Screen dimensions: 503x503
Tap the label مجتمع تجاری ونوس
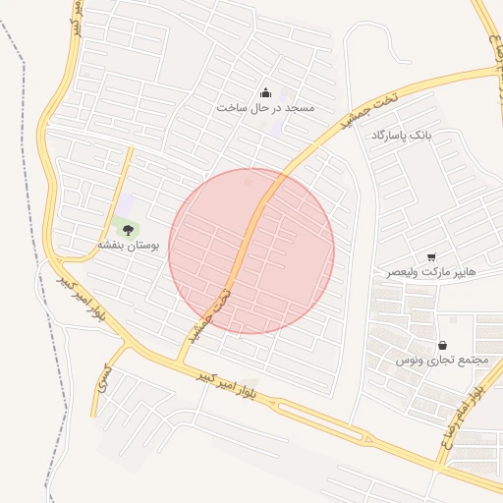click(442, 361)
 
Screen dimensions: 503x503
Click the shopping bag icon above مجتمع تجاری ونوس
click(442, 346)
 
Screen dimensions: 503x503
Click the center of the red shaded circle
click(251, 251)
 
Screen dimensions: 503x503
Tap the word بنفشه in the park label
click(112, 243)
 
